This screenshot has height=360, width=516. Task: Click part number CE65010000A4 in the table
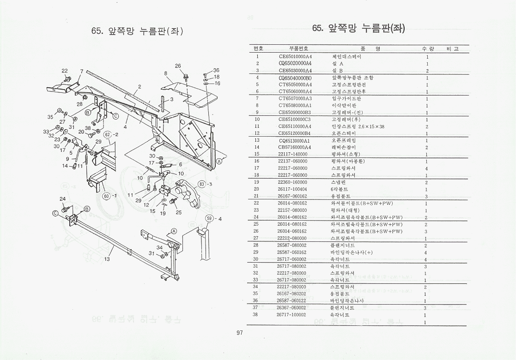click(x=295, y=57)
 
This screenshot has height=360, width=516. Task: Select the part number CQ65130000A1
click(x=294, y=140)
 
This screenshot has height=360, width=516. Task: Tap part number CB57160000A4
click(x=295, y=147)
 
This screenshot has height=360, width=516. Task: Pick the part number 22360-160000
click(x=292, y=182)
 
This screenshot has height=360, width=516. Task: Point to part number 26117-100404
click(x=292, y=189)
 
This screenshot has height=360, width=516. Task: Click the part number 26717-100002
click(x=291, y=314)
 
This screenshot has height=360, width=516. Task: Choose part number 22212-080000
click(x=292, y=238)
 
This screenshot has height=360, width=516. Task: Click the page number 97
click(x=239, y=333)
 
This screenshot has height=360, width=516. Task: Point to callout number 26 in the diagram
click(x=178, y=66)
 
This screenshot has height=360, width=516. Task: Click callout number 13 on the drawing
click(x=107, y=259)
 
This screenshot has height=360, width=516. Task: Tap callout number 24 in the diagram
click(x=63, y=199)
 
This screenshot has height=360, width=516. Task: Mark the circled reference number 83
click(x=202, y=184)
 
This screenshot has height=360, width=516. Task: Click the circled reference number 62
click(x=107, y=135)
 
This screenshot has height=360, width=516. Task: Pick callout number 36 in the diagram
click(x=216, y=71)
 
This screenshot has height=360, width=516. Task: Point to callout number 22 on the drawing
click(x=65, y=71)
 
